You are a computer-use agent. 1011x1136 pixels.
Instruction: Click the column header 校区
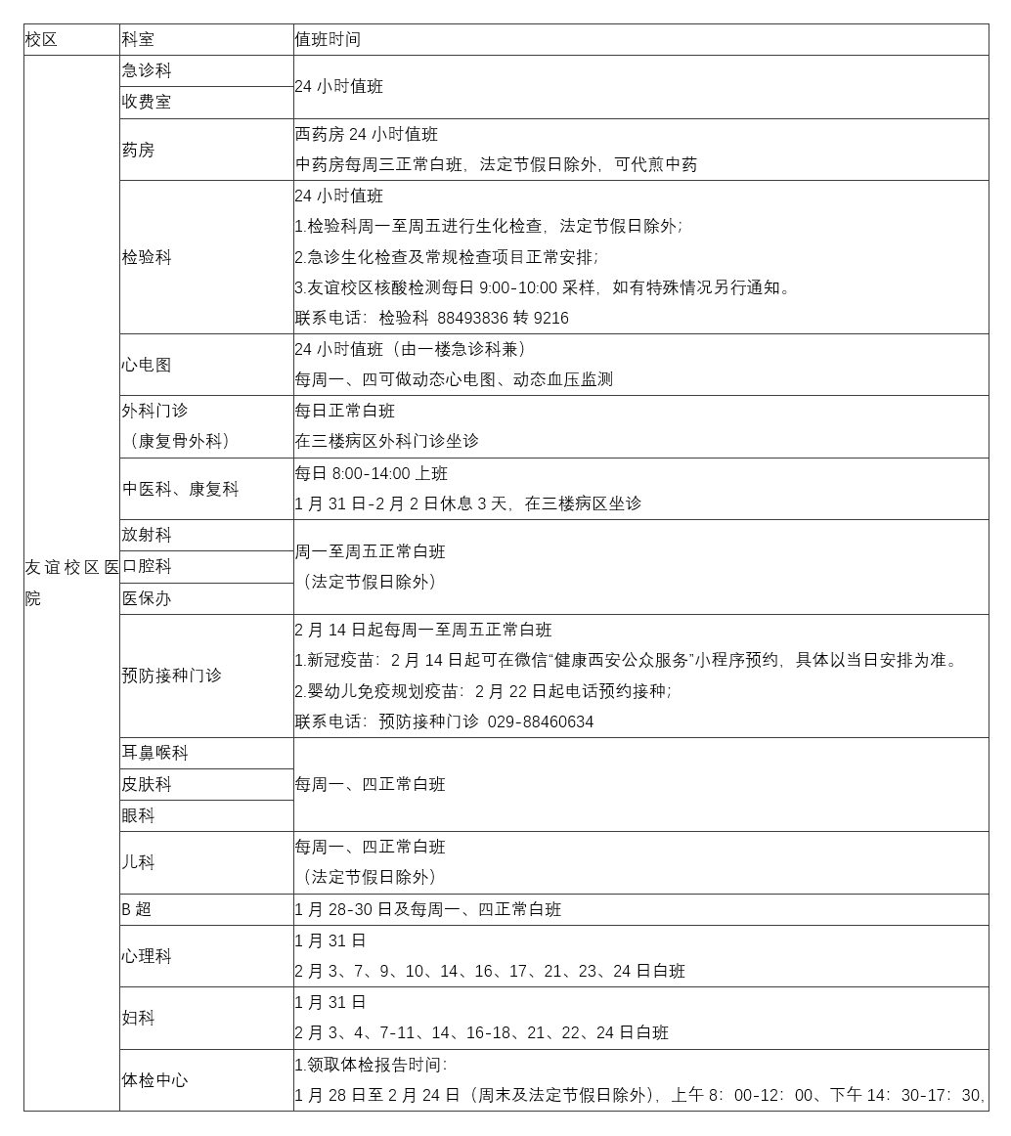click(x=41, y=40)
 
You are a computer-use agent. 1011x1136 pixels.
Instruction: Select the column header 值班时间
click(x=328, y=40)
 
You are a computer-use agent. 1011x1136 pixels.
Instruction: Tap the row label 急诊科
click(x=147, y=71)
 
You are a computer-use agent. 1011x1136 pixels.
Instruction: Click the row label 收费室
click(x=147, y=103)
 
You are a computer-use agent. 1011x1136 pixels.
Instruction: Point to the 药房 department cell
click(x=138, y=151)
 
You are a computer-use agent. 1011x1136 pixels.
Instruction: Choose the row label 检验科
click(x=147, y=257)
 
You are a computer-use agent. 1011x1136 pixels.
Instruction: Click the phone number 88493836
click(x=472, y=319)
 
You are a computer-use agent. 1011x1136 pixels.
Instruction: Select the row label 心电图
click(x=147, y=365)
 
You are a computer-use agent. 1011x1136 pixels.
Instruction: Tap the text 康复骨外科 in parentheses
click(x=180, y=441)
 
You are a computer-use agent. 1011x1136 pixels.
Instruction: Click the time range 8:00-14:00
click(x=372, y=473)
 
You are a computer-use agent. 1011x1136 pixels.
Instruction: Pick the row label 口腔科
click(x=147, y=567)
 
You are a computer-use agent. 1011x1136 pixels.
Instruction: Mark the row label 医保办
click(x=147, y=598)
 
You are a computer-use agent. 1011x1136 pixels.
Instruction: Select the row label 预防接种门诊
click(x=171, y=676)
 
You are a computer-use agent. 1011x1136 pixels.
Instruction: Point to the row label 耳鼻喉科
click(x=154, y=753)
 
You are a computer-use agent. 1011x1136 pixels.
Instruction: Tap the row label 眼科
click(x=138, y=815)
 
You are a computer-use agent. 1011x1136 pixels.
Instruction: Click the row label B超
click(x=136, y=909)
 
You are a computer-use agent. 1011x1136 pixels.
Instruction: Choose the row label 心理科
click(x=147, y=956)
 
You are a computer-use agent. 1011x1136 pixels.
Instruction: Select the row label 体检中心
click(x=154, y=1080)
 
